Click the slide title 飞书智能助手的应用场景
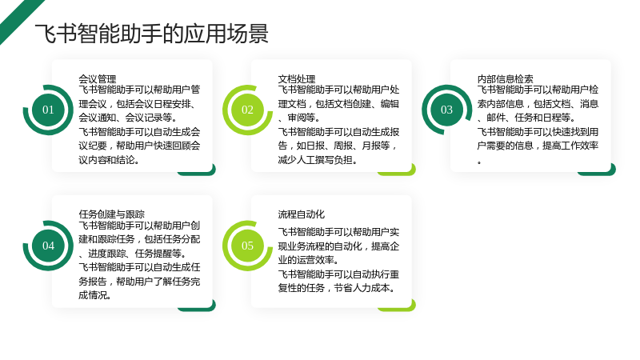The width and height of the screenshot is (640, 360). point(151,34)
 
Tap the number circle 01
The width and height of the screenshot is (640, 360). point(48,110)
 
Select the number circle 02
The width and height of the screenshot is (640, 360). point(247,110)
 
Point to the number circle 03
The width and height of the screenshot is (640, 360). point(446,110)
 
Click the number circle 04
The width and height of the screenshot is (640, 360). point(48,246)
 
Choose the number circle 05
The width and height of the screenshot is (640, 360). point(247,246)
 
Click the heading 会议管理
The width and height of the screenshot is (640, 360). point(97,78)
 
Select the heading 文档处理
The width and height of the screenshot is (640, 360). point(297,78)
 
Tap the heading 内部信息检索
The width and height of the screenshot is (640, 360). point(506,78)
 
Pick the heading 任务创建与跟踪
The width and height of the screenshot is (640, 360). point(111,214)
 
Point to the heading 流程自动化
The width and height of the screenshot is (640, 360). point(302,214)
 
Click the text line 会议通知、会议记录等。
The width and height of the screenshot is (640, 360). point(128,118)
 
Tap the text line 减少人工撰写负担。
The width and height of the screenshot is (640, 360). point(318,159)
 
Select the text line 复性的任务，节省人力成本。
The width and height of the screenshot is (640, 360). point(337,288)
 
